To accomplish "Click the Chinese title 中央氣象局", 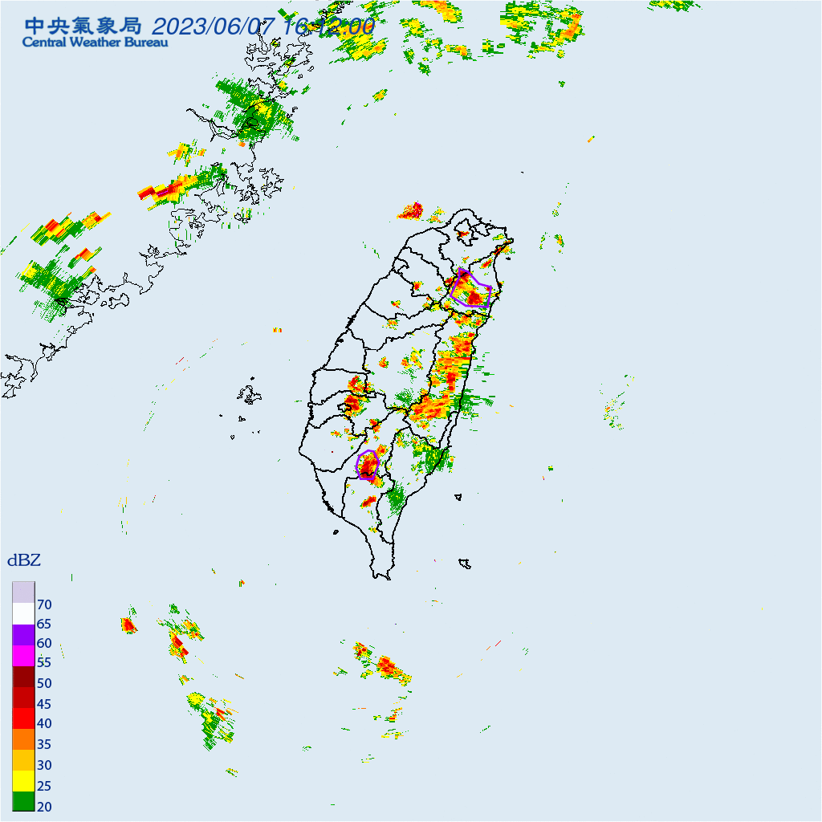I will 83,25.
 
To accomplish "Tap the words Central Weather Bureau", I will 96,43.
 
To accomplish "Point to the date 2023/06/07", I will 214,26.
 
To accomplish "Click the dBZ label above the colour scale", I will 24,560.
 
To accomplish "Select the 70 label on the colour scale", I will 44,604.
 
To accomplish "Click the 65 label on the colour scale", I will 44,624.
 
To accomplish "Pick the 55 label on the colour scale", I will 44,663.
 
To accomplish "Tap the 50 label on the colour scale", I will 44,683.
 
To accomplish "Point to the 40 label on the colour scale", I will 44,724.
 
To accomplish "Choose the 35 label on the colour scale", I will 44,744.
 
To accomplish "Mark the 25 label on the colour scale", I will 44,786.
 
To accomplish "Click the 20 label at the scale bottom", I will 44,806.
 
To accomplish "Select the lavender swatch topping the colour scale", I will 24,592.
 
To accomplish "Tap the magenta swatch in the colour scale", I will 24,655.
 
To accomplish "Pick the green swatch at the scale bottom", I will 24,800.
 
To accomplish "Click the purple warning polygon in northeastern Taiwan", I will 471,290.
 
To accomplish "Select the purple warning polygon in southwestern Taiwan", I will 368,465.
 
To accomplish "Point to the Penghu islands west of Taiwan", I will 250,395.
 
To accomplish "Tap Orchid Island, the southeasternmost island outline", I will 464,564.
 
